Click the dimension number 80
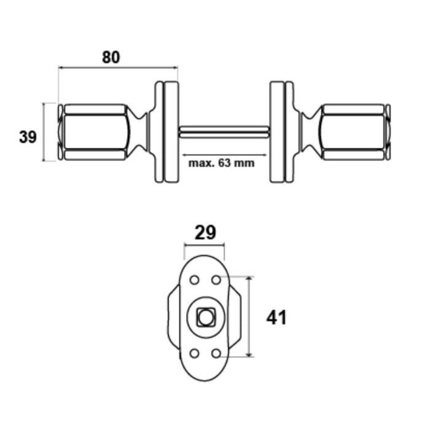point(111,57)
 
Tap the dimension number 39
point(28,136)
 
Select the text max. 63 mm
point(221,163)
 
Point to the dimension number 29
point(205,233)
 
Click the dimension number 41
point(276,318)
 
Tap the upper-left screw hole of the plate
point(195,280)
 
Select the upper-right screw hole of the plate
point(216,280)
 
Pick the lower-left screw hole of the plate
point(195,353)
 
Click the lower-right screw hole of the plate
point(216,353)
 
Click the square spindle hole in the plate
point(205,318)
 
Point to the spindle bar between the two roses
point(224,132)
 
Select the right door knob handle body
point(354,132)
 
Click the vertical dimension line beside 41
point(249,317)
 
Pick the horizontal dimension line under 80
point(119,67)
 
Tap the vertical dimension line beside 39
point(44,132)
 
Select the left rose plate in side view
point(166,132)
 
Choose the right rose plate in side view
point(281,132)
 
